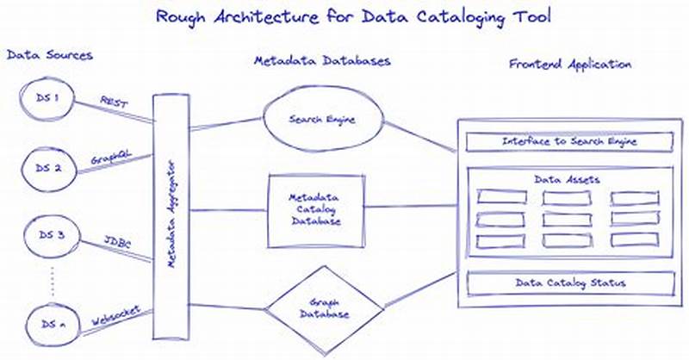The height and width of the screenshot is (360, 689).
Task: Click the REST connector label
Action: point(114,102)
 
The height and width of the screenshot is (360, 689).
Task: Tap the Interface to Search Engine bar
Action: point(563,140)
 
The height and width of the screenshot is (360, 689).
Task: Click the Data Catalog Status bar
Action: point(563,282)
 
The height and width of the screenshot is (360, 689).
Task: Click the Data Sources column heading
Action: point(49,55)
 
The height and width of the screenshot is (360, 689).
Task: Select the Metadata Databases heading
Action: point(321,62)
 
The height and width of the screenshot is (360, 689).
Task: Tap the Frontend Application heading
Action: point(569,65)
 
